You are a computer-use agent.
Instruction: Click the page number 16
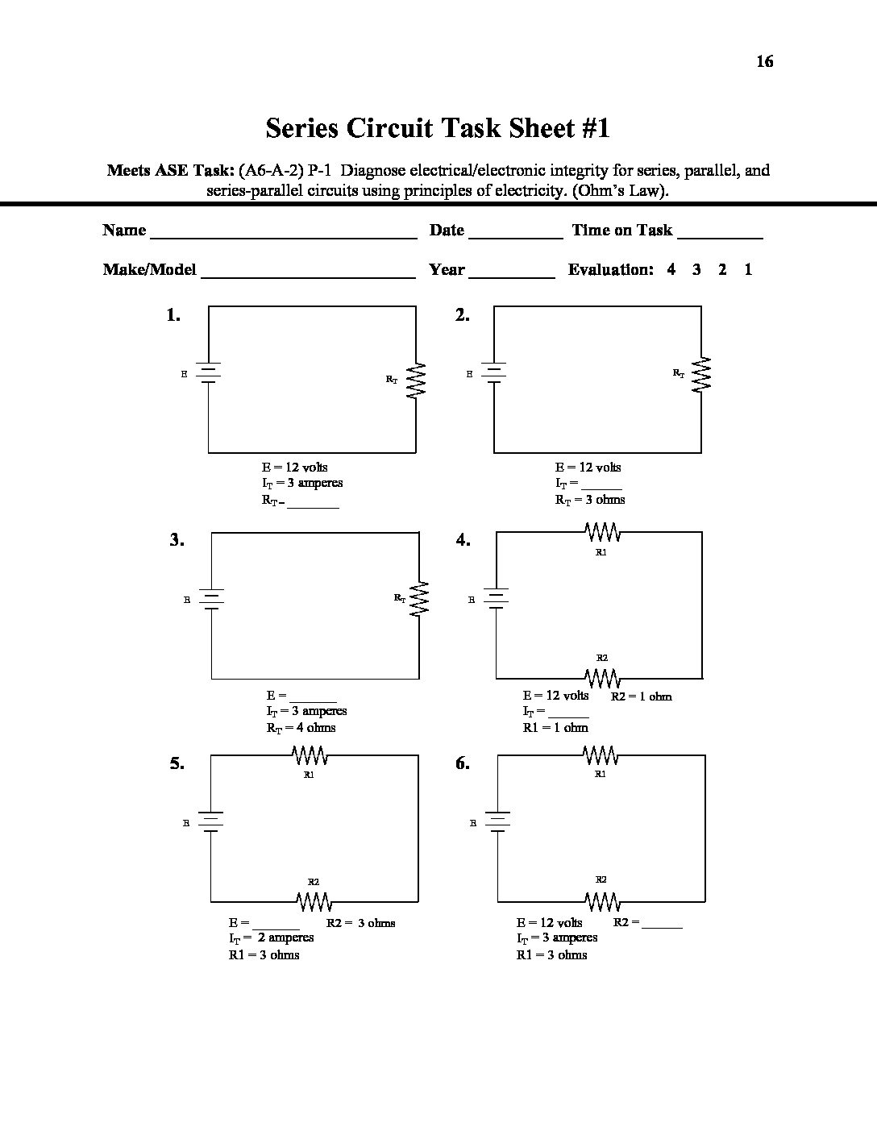[x=764, y=61]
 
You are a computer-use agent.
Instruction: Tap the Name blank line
[x=284, y=236]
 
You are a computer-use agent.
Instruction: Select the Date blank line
[x=515, y=236]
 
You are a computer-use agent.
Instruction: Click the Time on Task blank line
[x=720, y=236]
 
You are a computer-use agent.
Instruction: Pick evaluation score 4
[x=671, y=270]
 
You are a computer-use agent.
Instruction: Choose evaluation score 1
[x=748, y=270]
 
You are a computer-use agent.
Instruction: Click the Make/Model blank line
[x=308, y=276]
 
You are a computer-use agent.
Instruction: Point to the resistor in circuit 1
[x=416, y=379]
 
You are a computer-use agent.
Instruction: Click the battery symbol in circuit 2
[x=494, y=372]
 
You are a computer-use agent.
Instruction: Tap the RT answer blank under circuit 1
[x=313, y=505]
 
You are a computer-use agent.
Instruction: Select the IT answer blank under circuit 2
[x=601, y=487]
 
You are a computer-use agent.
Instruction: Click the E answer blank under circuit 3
[x=313, y=700]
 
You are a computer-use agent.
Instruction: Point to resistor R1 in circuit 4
[x=601, y=533]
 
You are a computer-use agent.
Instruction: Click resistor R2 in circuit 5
[x=314, y=900]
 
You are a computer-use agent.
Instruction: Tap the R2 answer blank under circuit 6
[x=662, y=925]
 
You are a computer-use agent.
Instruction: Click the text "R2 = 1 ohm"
[x=641, y=696]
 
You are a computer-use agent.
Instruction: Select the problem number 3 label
[x=177, y=540]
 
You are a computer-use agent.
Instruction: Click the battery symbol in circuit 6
[x=497, y=821]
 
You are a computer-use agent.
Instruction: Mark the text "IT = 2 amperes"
[x=272, y=938]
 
